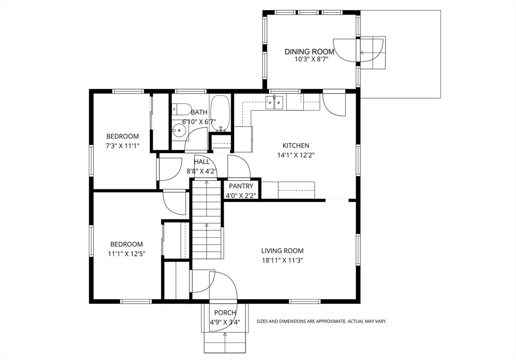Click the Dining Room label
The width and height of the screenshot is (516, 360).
point(309,52)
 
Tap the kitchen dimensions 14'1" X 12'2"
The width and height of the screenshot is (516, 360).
point(296,155)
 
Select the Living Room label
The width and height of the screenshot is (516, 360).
point(282,251)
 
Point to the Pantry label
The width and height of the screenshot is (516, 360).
point(241,186)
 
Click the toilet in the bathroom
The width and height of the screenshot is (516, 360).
point(181,109)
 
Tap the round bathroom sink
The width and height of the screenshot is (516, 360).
point(179,130)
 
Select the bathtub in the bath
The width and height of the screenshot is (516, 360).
point(220,113)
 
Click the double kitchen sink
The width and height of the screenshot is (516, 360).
point(275,103)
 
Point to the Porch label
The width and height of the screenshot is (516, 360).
point(225,313)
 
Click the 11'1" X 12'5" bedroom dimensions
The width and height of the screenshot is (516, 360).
point(126,254)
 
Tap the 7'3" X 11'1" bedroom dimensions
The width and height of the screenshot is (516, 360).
point(122,146)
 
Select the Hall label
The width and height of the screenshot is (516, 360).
point(202,162)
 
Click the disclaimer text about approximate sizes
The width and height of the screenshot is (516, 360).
point(321,321)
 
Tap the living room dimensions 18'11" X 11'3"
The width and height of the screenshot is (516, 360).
point(282,260)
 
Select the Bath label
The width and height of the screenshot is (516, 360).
point(199,112)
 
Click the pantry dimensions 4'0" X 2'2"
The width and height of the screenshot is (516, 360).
point(241,196)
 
